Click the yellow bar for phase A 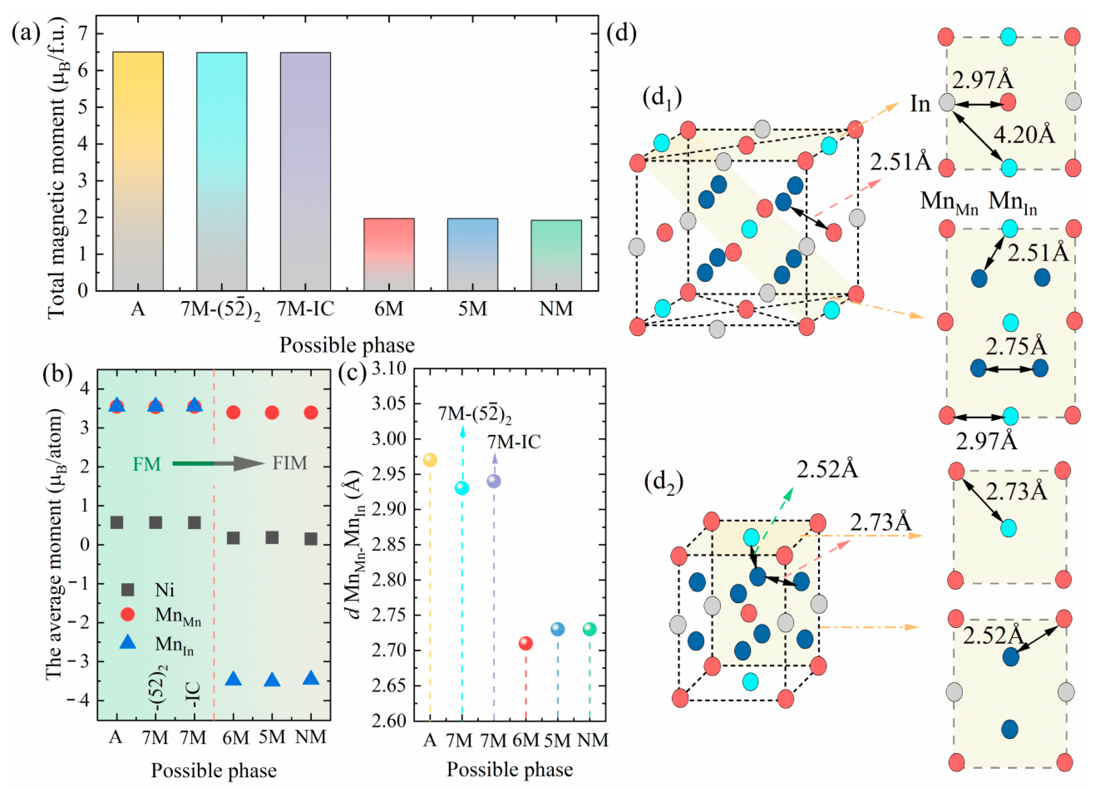point(137,171)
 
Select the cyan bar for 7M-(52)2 point(221,171)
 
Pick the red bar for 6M point(389,255)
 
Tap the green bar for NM point(556,255)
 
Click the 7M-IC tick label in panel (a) point(305,309)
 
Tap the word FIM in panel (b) point(290,463)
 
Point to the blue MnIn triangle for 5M point(272,680)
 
